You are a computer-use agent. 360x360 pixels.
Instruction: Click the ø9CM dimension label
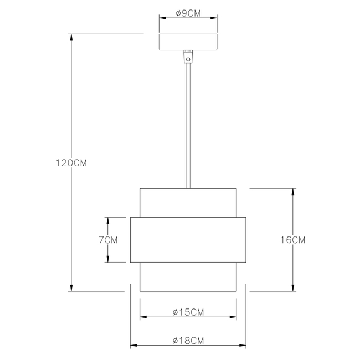click(x=188, y=14)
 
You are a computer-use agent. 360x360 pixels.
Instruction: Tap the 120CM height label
click(x=71, y=163)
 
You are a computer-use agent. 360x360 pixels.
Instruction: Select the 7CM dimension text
click(x=108, y=240)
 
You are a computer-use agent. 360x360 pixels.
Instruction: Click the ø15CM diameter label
click(x=188, y=312)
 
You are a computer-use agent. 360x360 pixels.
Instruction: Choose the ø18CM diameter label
click(x=188, y=341)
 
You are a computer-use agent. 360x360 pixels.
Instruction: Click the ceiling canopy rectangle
click(x=188, y=42)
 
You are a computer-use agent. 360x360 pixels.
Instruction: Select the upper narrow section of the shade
click(x=188, y=203)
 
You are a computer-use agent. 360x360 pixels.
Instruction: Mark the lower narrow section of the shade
click(x=188, y=277)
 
